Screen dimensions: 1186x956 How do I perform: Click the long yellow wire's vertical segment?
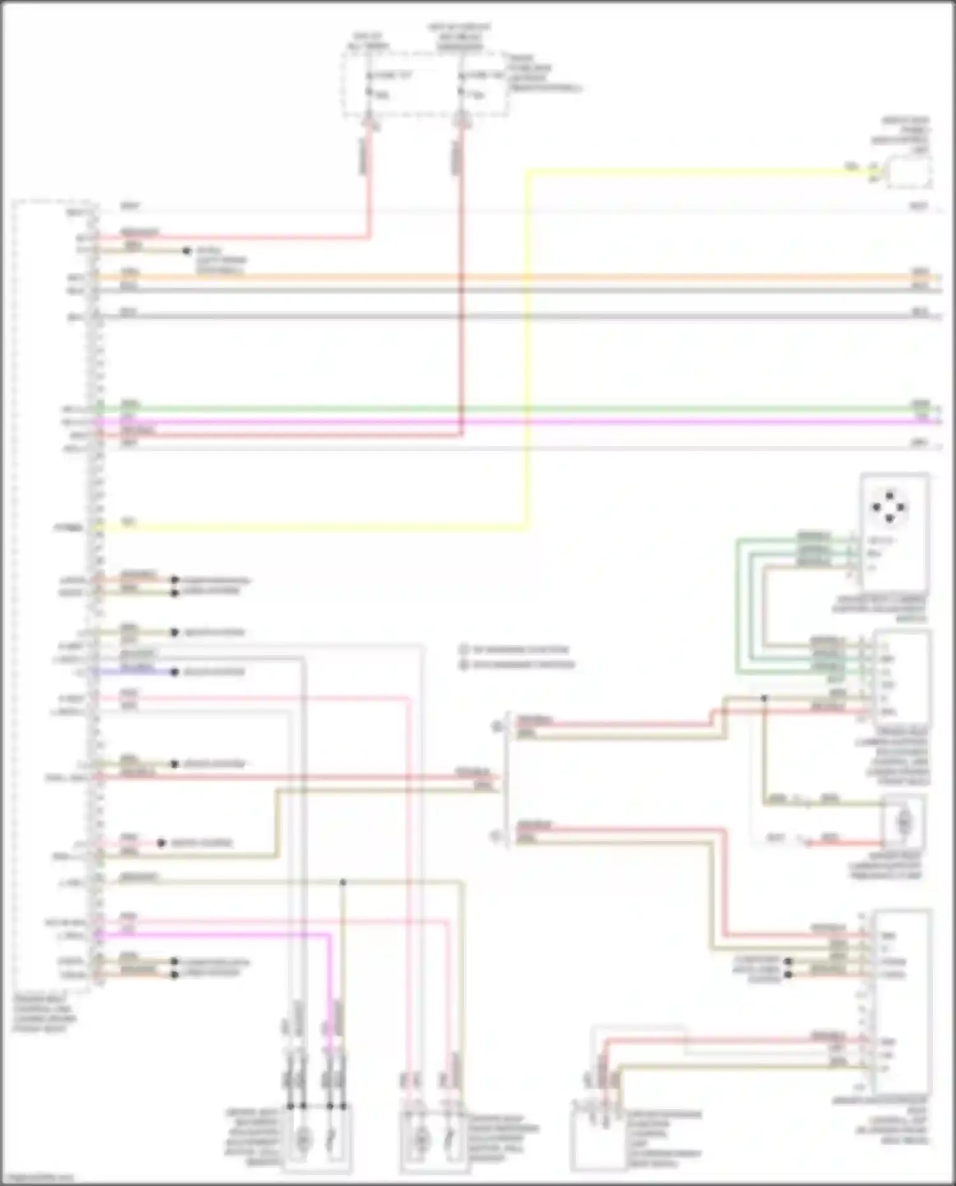pos(527,351)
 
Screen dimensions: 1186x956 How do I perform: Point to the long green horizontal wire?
pos(510,409)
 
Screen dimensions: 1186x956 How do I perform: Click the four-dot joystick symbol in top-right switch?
pos(889,507)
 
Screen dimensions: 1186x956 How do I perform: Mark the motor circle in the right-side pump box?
pos(904,823)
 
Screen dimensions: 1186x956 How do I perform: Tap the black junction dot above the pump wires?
pos(764,698)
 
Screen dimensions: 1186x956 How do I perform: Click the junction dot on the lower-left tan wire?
pos(343,883)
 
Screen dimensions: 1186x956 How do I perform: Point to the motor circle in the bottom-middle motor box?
pos(421,1139)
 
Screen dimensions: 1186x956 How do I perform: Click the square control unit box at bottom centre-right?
pos(598,1138)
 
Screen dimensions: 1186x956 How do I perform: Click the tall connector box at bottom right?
pos(902,1001)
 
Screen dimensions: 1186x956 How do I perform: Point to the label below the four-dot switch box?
pos(880,609)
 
